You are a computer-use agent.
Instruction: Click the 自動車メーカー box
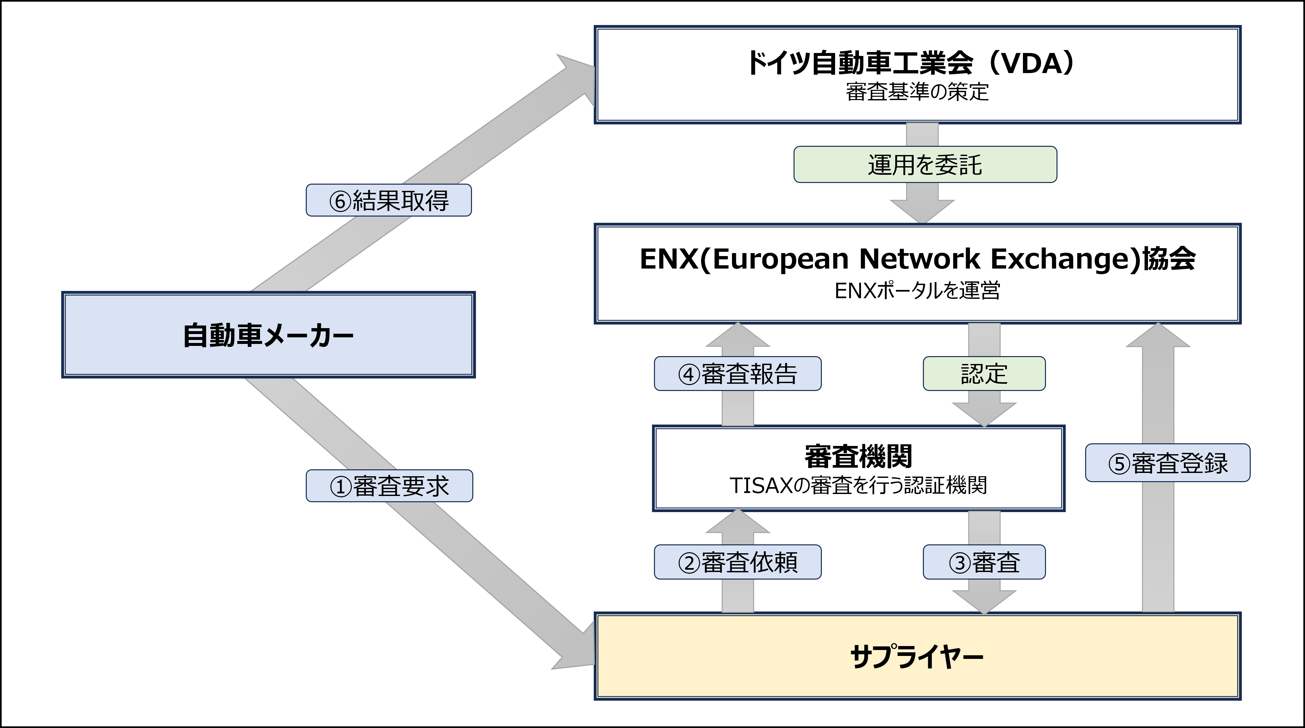coord(269,335)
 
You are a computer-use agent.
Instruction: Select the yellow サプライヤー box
coord(917,657)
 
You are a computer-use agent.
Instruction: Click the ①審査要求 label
coord(389,486)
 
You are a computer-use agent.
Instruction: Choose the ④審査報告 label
coord(738,374)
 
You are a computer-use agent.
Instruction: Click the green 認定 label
coord(984,374)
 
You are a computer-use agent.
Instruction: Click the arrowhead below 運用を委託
coord(922,210)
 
